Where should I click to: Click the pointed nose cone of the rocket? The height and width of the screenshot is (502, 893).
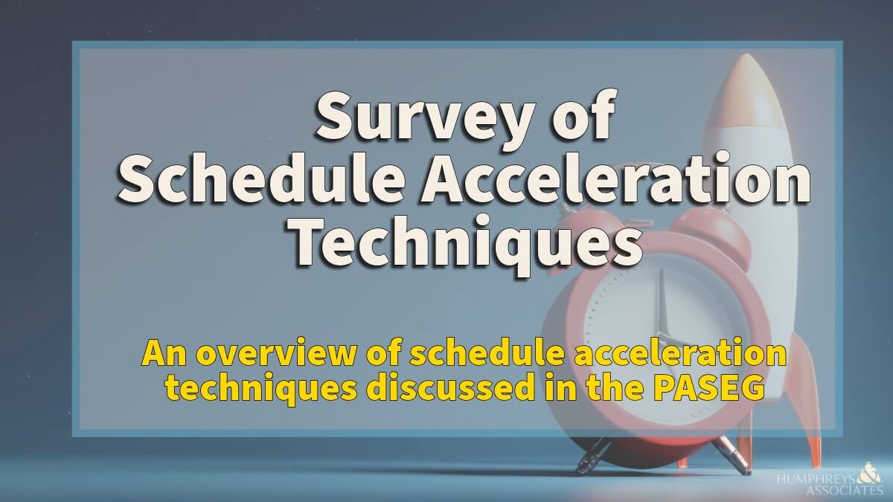pyautogui.click(x=747, y=71)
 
